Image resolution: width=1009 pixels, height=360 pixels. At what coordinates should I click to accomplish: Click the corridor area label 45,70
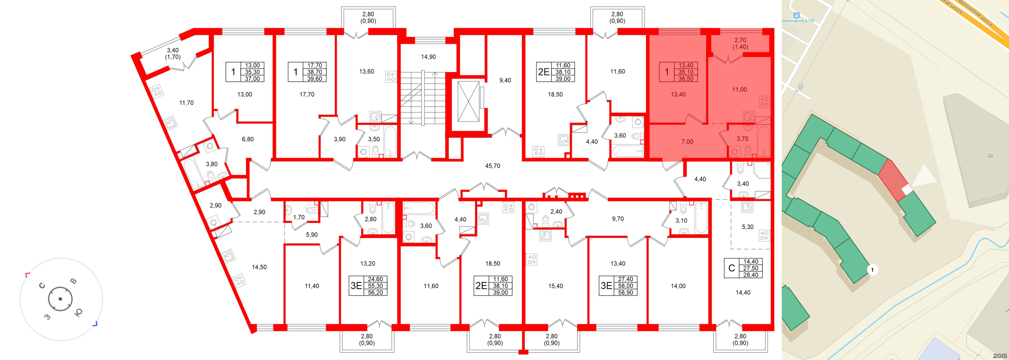pos(492,166)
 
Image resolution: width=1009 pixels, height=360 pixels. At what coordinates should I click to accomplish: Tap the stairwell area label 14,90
pos(428,57)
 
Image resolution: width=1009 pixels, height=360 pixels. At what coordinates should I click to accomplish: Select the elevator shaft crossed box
pos(468,101)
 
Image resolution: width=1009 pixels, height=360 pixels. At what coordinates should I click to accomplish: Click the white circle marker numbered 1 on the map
pos(872,270)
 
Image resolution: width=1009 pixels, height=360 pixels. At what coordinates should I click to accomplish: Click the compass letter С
pos(42,285)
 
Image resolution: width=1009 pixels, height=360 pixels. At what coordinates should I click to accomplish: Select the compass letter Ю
pos(78,312)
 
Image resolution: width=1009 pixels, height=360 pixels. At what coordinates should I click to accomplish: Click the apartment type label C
pos(731,268)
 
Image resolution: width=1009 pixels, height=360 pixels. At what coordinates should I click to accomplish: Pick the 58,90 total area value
pos(625,293)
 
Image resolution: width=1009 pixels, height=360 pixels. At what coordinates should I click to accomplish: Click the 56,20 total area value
pos(375,293)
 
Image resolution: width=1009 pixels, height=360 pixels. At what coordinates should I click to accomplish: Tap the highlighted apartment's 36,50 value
pos(686,79)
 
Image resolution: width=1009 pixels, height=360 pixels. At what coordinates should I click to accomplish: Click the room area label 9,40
pos(505,80)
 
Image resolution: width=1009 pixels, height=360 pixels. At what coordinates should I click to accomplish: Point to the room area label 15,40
pos(556,286)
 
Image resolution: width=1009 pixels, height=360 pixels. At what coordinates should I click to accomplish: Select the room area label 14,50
pos(259,267)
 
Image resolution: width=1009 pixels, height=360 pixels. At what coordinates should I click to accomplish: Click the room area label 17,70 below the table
pos(307,94)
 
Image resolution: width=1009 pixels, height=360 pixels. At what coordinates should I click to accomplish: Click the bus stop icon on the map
pos(796,15)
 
